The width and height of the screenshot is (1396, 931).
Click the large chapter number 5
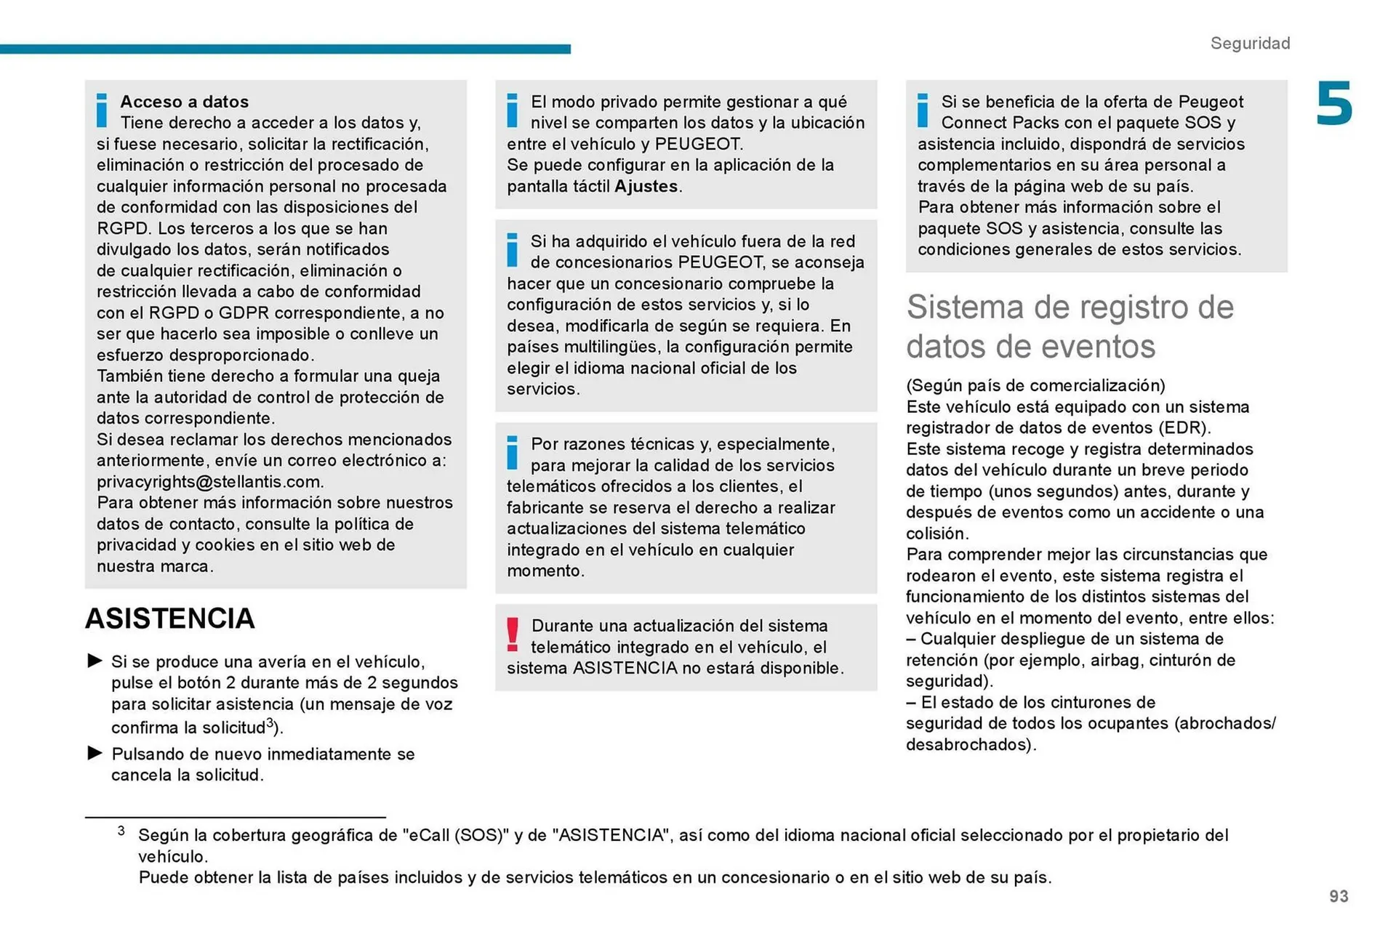pyautogui.click(x=1333, y=105)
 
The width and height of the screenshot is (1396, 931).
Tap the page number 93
pyautogui.click(x=1339, y=896)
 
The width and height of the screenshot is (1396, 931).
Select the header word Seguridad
pyautogui.click(x=1250, y=44)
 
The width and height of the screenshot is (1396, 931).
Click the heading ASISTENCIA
pyautogui.click(x=170, y=618)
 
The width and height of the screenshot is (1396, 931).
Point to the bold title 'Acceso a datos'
pyautogui.click(x=185, y=102)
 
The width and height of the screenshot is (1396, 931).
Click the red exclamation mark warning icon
pyautogui.click(x=513, y=634)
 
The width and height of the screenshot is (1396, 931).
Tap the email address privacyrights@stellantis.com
pyautogui.click(x=209, y=482)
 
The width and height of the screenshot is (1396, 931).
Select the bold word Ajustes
pyautogui.click(x=646, y=186)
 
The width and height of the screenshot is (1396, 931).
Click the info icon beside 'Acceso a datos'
pyautogui.click(x=102, y=110)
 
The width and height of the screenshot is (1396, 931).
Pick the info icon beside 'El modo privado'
pyautogui.click(x=513, y=110)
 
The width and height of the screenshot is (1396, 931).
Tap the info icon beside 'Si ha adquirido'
pyautogui.click(x=513, y=249)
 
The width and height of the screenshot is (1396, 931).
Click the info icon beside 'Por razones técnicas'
pyautogui.click(x=513, y=452)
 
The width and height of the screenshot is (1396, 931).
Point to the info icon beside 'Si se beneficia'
pyautogui.click(x=923, y=110)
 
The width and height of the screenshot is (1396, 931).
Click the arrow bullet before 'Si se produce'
pyautogui.click(x=95, y=661)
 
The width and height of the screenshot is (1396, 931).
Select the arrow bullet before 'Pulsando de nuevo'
pyautogui.click(x=95, y=753)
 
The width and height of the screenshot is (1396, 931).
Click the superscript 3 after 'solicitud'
pyautogui.click(x=270, y=723)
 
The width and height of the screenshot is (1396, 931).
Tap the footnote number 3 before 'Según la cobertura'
pyautogui.click(x=121, y=831)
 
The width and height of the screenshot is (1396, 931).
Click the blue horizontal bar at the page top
pyautogui.click(x=285, y=49)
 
